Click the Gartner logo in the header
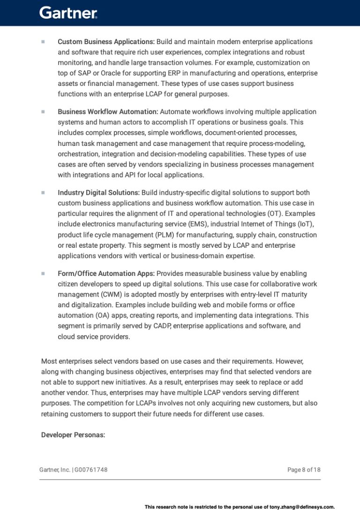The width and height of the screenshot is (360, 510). (68, 13)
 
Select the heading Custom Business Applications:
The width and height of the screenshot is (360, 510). (106, 42)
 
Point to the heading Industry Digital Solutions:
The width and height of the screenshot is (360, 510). (98, 192)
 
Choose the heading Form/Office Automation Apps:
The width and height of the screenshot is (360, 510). (106, 273)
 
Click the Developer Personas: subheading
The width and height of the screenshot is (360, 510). (73, 435)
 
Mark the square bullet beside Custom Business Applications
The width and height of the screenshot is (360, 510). (43, 42)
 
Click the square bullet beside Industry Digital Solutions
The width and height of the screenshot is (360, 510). (43, 192)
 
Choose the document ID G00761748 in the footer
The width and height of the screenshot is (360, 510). (91, 470)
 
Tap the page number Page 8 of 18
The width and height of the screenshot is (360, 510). (304, 470)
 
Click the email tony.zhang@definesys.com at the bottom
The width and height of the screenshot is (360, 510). (302, 507)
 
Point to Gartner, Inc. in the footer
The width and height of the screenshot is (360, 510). (55, 470)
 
